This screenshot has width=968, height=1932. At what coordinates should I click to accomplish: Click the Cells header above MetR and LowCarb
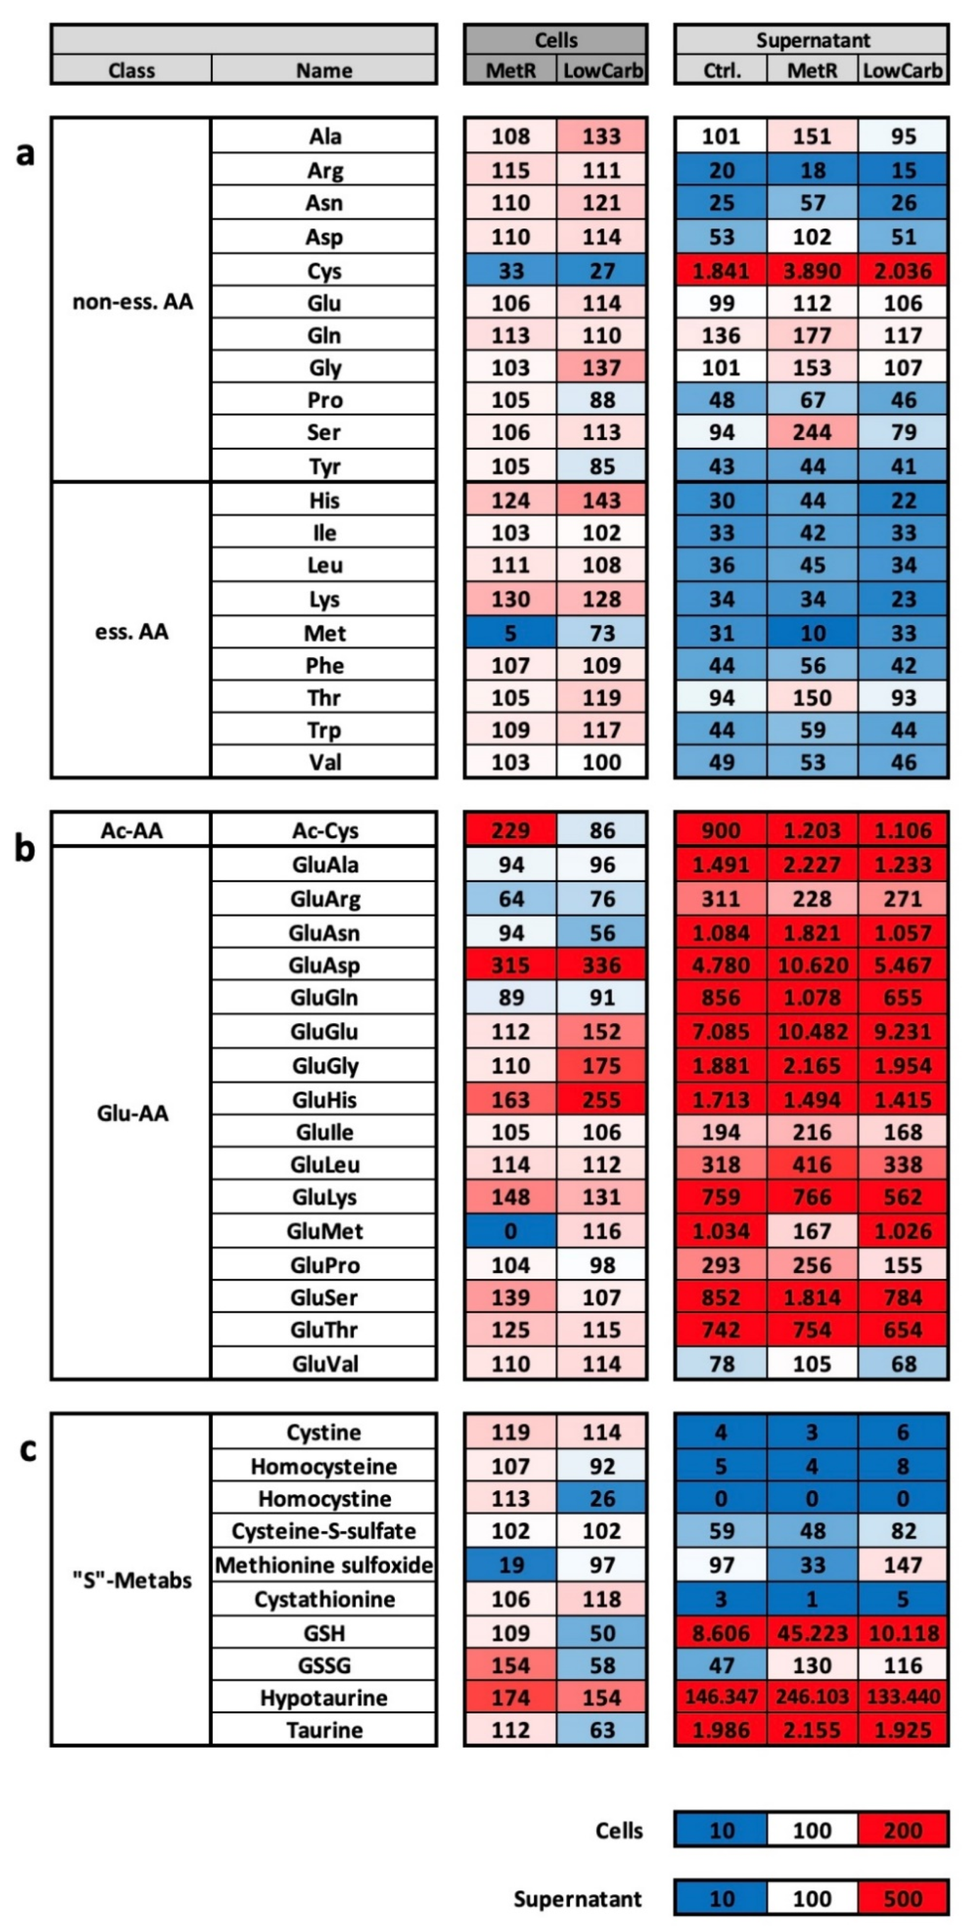coord(556,40)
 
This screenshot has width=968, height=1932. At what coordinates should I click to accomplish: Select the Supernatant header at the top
coord(812,40)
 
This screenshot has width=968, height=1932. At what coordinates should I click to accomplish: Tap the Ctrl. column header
coord(721,71)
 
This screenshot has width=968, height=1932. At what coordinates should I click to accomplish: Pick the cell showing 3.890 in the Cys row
coord(812,271)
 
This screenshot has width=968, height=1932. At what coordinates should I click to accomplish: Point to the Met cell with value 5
coord(510,633)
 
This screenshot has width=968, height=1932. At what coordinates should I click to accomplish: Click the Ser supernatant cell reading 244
coord(812,432)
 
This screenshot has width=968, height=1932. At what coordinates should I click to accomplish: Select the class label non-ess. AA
coord(132,302)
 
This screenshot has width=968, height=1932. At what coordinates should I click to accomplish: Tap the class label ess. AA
coord(132,631)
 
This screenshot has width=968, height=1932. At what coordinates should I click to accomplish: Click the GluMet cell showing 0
coord(510,1231)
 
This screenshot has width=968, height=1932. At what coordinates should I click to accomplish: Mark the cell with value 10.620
coord(812,964)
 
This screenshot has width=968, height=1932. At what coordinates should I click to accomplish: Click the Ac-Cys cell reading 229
coord(510,830)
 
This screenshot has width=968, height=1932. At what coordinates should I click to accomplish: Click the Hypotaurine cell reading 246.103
coord(812,1697)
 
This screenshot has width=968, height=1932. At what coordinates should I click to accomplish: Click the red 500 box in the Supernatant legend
coord(903,1898)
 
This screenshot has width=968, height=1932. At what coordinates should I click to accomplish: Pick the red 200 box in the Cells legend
coord(903,1830)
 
